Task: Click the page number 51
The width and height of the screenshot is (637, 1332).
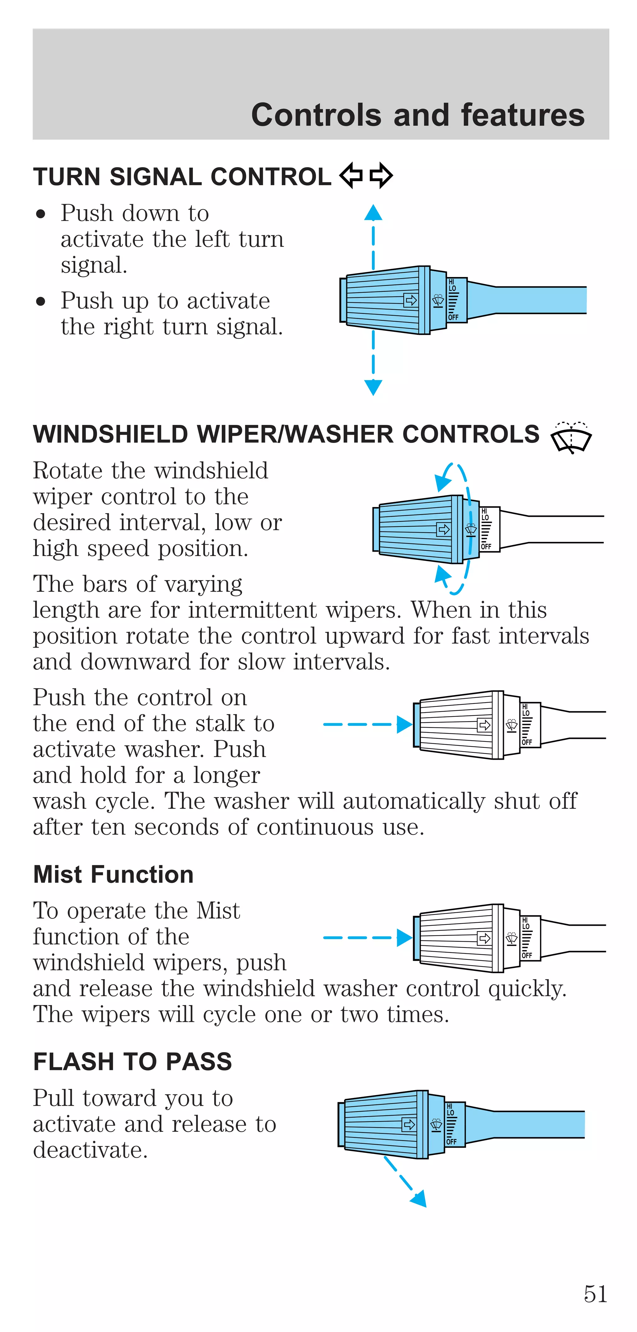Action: pos(595,1294)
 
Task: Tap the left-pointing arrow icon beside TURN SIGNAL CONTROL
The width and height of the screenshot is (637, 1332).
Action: pos(351,176)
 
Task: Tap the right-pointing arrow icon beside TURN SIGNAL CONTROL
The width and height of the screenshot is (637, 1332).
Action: pos(381,176)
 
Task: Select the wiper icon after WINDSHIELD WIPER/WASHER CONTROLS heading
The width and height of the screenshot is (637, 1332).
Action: pos(571,437)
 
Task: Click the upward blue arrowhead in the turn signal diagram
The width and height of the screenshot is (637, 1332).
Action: pos(373,213)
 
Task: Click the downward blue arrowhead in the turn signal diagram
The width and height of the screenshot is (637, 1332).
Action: pos(373,387)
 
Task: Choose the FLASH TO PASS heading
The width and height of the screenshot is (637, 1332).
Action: pos(132,1061)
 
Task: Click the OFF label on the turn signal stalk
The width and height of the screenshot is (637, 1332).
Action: pos(453,317)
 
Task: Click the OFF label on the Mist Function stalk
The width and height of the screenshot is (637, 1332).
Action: pos(527,955)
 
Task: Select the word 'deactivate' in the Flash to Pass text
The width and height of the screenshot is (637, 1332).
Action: pos(91,1150)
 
